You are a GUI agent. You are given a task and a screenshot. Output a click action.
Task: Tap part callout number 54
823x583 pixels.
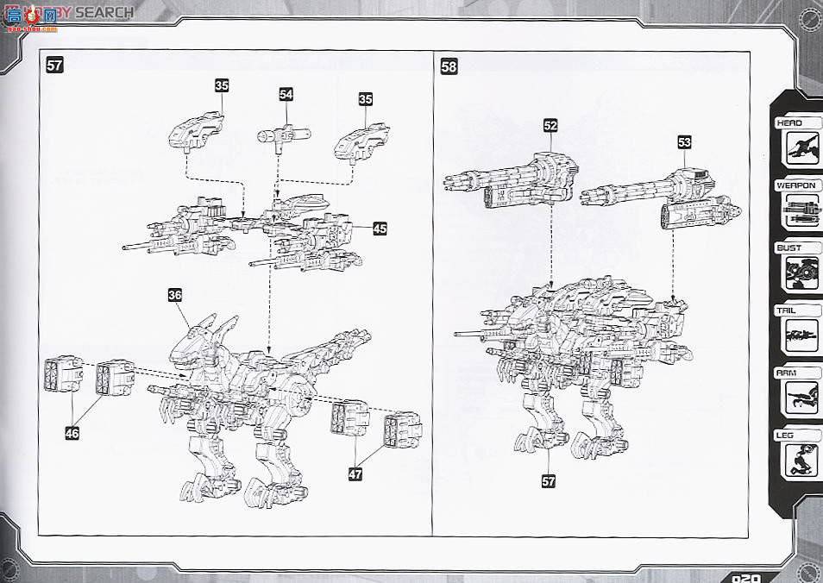pos(286,94)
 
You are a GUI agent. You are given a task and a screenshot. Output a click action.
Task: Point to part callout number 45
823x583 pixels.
pos(380,229)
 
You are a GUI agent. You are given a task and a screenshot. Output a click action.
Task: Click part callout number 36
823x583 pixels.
pos(175,295)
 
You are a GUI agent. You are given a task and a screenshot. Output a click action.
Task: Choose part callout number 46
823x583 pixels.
pos(72,434)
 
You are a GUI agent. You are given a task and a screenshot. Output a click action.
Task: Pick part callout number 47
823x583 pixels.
pos(355,473)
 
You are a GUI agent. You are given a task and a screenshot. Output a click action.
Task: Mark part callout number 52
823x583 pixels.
pos(550,125)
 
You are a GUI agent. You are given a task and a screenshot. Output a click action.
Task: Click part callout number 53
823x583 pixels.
pos(684,142)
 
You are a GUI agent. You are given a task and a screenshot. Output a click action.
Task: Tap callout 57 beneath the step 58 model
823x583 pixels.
pos(549,481)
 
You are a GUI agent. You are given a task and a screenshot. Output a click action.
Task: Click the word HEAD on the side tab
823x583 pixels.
pos(789,123)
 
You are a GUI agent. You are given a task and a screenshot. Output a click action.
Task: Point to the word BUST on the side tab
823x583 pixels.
pos(789,248)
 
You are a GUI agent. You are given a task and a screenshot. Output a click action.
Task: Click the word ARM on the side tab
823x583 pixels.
pos(788,373)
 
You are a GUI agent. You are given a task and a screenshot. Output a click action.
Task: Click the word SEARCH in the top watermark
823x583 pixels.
pos(104,12)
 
